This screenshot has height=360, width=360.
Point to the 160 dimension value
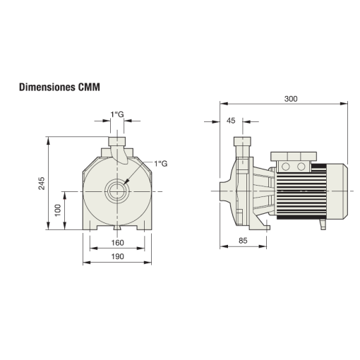click(x=117, y=243)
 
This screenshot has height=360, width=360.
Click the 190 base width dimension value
click(x=117, y=256)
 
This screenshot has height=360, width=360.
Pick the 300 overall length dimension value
click(x=289, y=98)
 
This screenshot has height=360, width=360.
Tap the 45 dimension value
click(x=232, y=120)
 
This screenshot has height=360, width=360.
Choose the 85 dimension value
click(x=242, y=241)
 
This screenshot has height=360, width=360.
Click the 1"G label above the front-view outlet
click(x=117, y=114)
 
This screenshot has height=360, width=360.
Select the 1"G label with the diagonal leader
click(x=160, y=164)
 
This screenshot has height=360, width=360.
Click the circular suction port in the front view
click(x=117, y=191)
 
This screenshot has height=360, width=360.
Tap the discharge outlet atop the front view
click(x=117, y=144)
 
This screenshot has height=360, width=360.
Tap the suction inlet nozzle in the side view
click(x=224, y=191)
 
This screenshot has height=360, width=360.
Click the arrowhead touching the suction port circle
click(x=127, y=182)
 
